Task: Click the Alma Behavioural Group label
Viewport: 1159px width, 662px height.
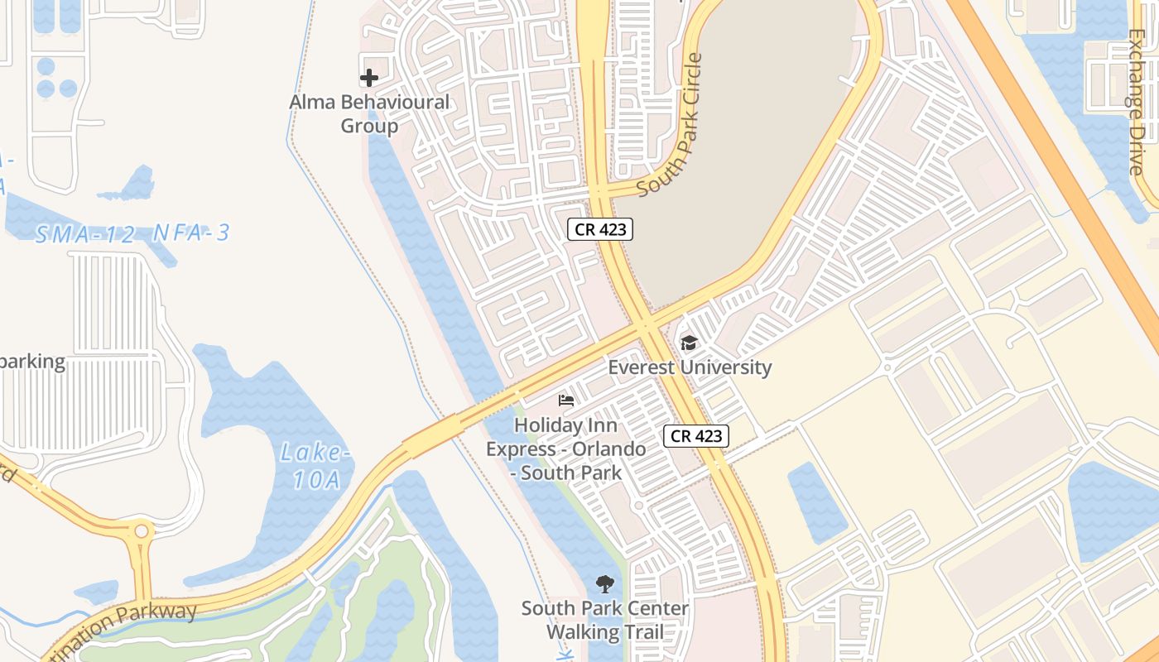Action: pyautogui.click(x=369, y=114)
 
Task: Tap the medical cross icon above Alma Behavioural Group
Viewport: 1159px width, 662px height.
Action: pyautogui.click(x=369, y=78)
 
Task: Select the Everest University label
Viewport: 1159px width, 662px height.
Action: pyautogui.click(x=690, y=367)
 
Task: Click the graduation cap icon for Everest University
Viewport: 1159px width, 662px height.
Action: pyautogui.click(x=688, y=343)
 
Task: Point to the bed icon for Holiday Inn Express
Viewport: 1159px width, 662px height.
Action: pyautogui.click(x=566, y=401)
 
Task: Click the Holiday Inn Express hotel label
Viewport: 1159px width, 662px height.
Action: pyautogui.click(x=566, y=449)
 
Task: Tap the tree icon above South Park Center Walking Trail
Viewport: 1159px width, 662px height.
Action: pyautogui.click(x=605, y=584)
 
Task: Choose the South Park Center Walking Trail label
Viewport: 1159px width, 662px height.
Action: pyautogui.click(x=604, y=621)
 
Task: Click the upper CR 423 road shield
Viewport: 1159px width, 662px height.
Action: pyautogui.click(x=600, y=229)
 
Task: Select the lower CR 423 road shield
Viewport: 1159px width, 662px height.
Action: pyautogui.click(x=696, y=436)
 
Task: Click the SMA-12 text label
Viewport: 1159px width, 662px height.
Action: pyautogui.click(x=84, y=234)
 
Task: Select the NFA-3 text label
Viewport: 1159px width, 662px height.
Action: pyautogui.click(x=191, y=233)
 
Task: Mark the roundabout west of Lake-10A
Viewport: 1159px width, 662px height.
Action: pyautogui.click(x=142, y=530)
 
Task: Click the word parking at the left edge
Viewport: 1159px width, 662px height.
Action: pyautogui.click(x=33, y=362)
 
